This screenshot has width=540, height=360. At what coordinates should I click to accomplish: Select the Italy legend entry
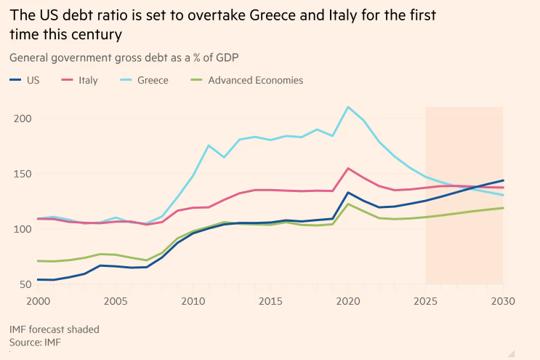pos(87,80)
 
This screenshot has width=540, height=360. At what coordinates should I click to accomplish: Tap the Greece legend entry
pos(152,80)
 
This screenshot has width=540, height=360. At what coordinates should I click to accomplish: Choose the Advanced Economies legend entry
pos(255,80)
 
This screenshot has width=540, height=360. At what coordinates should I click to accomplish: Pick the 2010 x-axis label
pos(192,300)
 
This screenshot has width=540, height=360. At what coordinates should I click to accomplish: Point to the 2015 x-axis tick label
pos(270,300)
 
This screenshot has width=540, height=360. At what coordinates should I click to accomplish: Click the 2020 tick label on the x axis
pos(348,300)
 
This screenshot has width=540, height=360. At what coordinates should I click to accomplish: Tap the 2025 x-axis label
pos(426,300)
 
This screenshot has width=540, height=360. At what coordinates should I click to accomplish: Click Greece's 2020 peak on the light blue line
pos(348,107)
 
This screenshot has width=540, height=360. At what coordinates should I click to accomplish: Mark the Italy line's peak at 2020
pos(348,169)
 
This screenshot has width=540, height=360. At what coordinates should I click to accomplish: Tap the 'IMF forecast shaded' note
pos(55,329)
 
